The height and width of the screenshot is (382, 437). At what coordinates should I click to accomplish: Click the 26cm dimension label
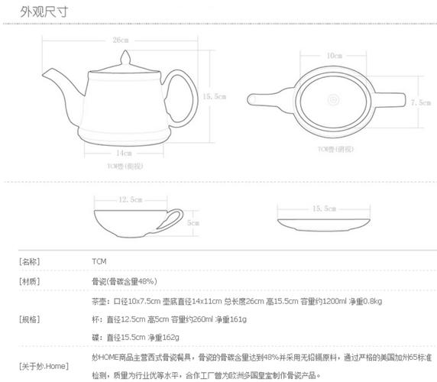click(x=120, y=40)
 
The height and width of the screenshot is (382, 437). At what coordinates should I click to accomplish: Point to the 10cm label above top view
click(x=334, y=56)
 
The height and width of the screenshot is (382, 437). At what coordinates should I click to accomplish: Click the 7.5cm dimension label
click(x=419, y=102)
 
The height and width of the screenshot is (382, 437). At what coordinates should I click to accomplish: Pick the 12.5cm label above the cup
click(x=130, y=199)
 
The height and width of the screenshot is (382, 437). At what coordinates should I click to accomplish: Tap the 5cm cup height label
click(x=193, y=222)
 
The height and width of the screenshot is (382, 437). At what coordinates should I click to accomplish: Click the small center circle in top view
click(x=334, y=99)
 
